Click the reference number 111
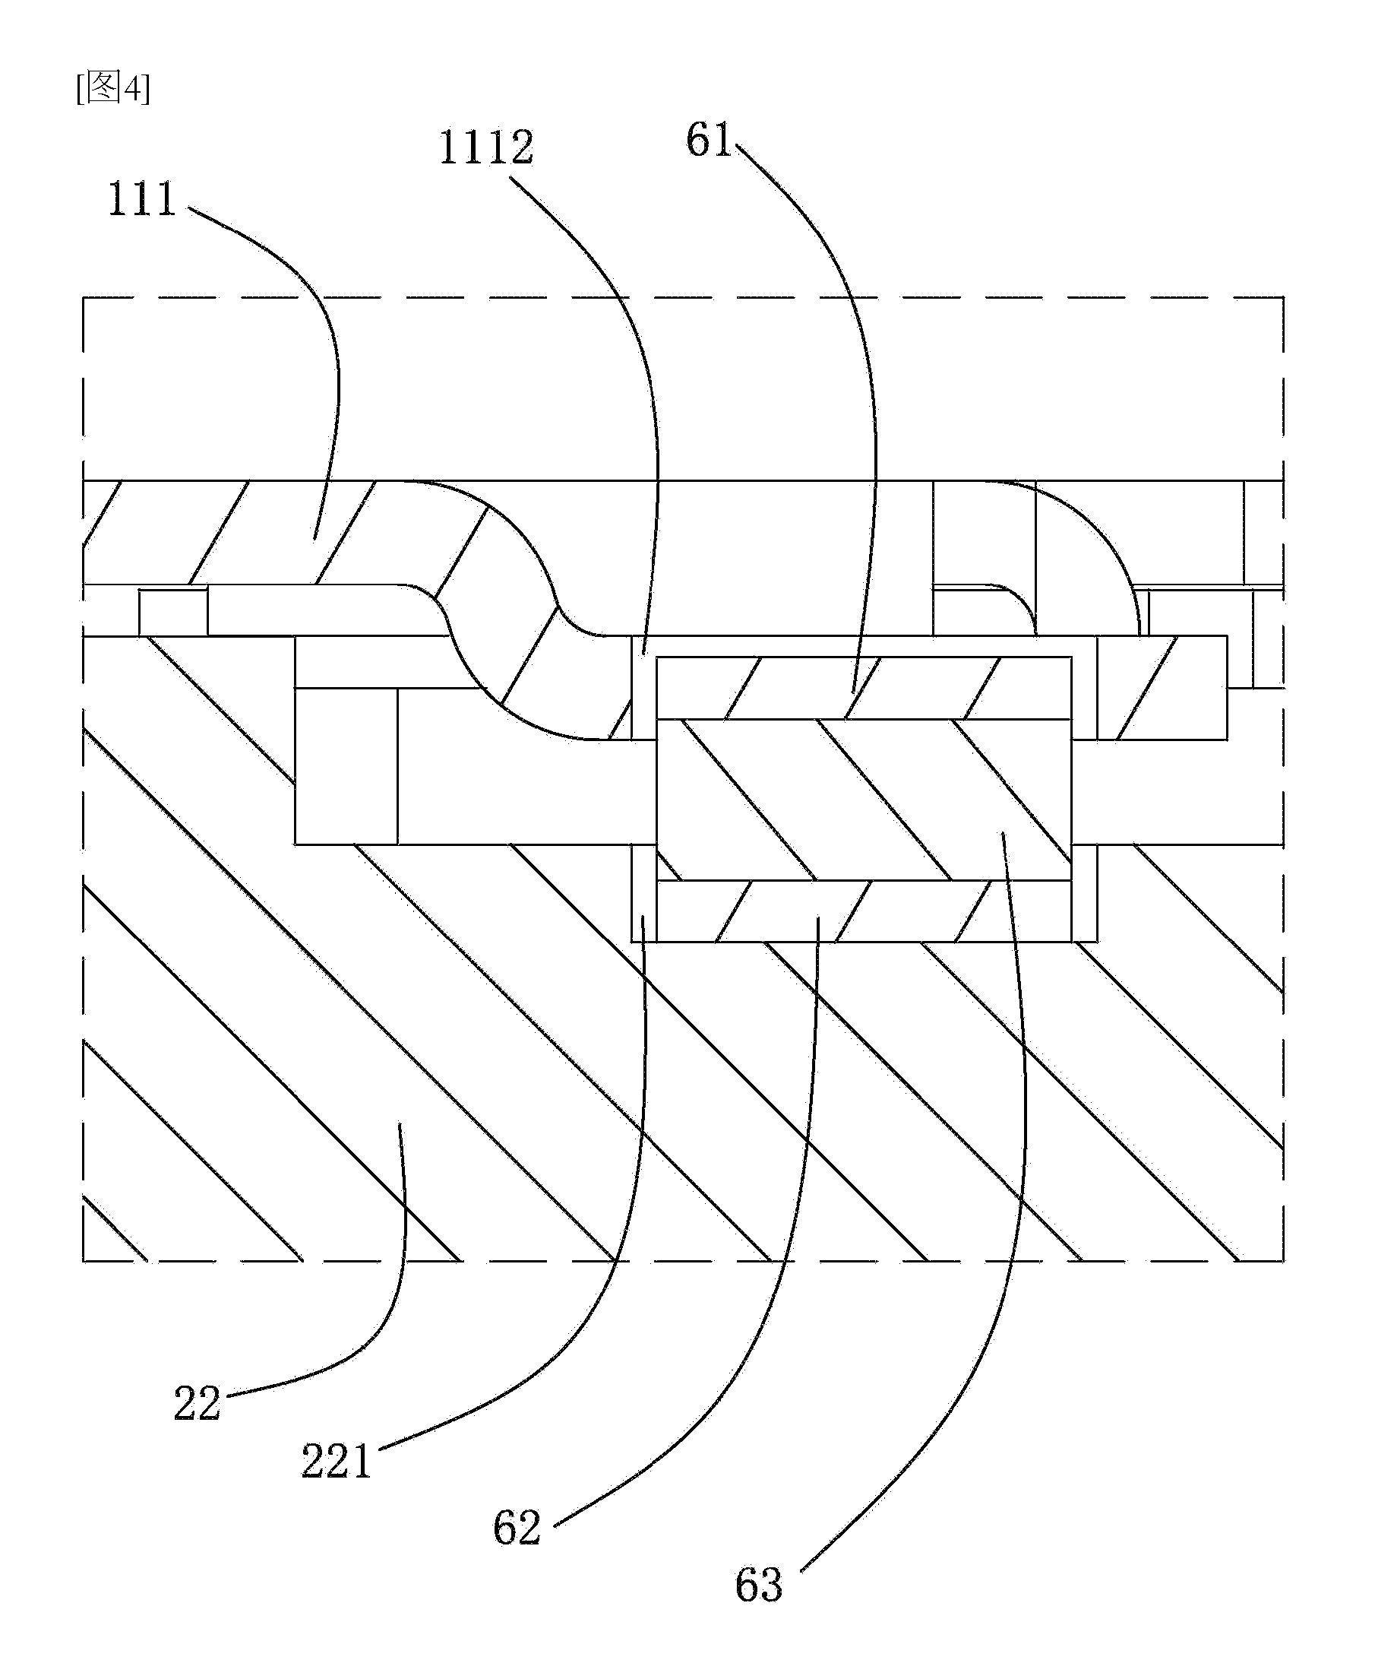(x=141, y=200)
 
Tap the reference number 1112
(x=486, y=147)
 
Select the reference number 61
(x=709, y=141)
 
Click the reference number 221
(x=336, y=1462)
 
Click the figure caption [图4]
(x=113, y=88)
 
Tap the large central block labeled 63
(x=865, y=799)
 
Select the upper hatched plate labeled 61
(x=865, y=688)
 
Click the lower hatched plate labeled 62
(x=865, y=911)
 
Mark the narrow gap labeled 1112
(x=644, y=687)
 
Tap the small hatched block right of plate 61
(x=1162, y=687)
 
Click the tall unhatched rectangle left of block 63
(x=346, y=765)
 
